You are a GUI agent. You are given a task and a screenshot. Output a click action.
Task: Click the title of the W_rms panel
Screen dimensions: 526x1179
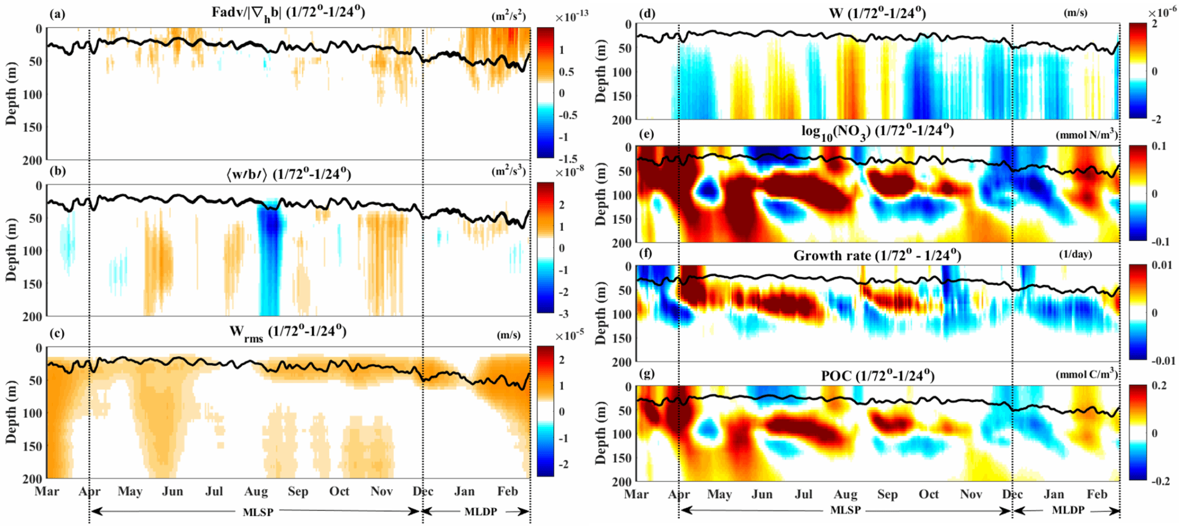pos(288,332)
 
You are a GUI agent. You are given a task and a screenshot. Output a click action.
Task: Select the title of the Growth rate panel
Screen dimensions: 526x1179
pos(877,255)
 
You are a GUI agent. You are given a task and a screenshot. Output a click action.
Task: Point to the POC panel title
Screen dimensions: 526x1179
pos(877,376)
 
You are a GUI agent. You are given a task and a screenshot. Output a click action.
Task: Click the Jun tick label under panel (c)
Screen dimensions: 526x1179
pos(172,491)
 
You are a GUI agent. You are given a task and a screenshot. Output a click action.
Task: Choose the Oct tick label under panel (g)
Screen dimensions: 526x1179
pos(929,494)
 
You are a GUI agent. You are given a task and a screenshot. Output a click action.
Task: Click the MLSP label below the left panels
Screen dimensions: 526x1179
pos(258,512)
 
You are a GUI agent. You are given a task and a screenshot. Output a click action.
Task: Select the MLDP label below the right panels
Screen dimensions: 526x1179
pos(1068,510)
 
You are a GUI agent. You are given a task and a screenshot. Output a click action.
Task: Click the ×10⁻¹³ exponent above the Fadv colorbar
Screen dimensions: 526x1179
pos(571,17)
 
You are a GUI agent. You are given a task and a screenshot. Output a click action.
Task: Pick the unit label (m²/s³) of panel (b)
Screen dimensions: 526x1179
pos(508,171)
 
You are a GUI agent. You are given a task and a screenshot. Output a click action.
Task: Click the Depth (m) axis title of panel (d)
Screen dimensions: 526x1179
pos(601,71)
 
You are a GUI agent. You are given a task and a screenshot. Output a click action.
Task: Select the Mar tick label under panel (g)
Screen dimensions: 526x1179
pos(636,494)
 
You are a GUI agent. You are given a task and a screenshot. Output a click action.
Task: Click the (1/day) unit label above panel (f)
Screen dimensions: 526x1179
pos(1075,254)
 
